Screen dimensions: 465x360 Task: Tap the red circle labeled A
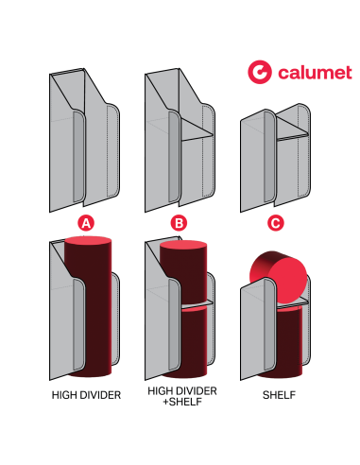86,223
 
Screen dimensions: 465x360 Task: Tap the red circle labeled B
180,223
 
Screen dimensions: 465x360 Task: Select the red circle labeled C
275,223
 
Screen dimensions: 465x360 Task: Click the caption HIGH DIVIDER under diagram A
86,395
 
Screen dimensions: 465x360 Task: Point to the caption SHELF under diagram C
275,395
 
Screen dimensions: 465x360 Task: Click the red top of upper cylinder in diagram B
182,244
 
